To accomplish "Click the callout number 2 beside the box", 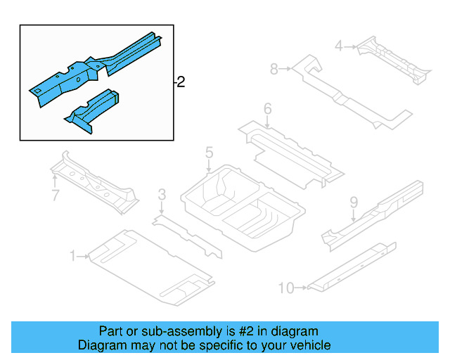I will (x=181, y=83).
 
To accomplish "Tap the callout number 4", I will (x=338, y=46).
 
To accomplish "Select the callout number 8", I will (x=274, y=69).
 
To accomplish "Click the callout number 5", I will (x=209, y=153).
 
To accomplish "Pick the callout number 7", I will (x=56, y=195).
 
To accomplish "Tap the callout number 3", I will (x=162, y=194).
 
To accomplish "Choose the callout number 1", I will (x=72, y=257).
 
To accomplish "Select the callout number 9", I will (x=354, y=202).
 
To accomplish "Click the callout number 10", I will (x=286, y=287).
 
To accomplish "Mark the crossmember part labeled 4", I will (x=394, y=60).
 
